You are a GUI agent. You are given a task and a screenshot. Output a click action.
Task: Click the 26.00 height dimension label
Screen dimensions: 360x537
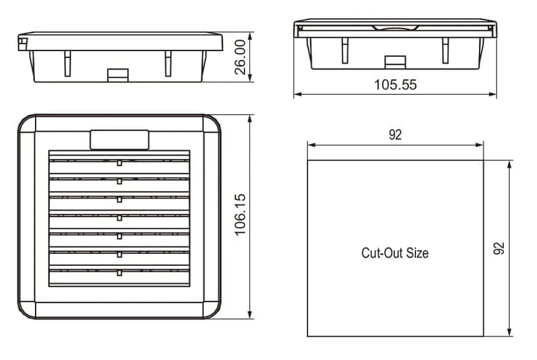tap(241, 57)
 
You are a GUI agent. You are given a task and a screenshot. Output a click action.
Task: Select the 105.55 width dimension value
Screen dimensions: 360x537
tap(395, 85)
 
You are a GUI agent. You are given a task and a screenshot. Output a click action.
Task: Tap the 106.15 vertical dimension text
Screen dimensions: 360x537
tap(241, 215)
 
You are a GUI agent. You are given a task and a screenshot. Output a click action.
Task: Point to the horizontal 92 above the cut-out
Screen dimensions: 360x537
tap(395, 135)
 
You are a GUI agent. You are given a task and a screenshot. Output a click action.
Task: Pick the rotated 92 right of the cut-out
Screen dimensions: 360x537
tap(499, 248)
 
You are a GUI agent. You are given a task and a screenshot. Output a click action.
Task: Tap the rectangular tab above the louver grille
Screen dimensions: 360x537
tap(119, 139)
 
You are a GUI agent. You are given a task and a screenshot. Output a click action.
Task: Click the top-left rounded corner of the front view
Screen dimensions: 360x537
tap(26, 124)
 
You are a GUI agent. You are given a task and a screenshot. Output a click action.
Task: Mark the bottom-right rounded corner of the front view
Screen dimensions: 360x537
tap(212, 310)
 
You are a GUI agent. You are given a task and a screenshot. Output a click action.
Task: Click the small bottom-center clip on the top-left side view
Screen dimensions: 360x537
tap(117, 74)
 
